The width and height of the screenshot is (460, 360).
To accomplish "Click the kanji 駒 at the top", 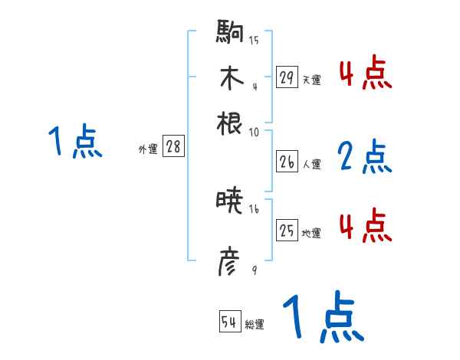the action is pyautogui.click(x=230, y=35).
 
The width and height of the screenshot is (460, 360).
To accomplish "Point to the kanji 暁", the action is pyautogui.click(x=230, y=202).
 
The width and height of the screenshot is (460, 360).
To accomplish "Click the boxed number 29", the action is pyautogui.click(x=287, y=77).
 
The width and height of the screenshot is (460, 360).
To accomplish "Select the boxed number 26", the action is pyautogui.click(x=287, y=162).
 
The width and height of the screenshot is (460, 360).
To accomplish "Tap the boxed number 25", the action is pyautogui.click(x=287, y=231).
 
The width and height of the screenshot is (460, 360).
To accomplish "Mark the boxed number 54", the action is pyautogui.click(x=229, y=322).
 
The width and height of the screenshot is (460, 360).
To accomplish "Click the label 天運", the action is pyautogui.click(x=311, y=80).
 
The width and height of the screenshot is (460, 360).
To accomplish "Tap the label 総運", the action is pyautogui.click(x=255, y=324).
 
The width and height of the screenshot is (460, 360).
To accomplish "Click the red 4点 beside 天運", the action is pyautogui.click(x=365, y=73).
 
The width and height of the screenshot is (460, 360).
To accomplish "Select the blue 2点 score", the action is pyautogui.click(x=365, y=157).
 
